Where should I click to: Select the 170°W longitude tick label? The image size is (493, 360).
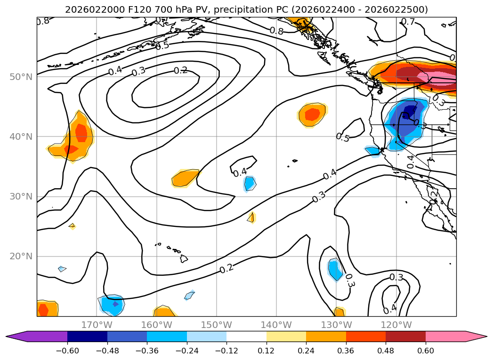tap(97, 325)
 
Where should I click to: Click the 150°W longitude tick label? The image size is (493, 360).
tap(217, 325)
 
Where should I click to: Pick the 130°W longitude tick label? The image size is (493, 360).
tap(336, 325)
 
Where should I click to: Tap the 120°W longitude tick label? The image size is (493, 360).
tap(396, 325)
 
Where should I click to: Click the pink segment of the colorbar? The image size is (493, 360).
tap(445, 336)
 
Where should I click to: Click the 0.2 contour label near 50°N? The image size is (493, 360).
tap(181, 71)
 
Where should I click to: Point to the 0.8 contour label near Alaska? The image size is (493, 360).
tap(276, 31)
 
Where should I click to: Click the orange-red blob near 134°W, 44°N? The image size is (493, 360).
tap(312, 114)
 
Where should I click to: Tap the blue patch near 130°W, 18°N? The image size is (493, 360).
tap(335, 270)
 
